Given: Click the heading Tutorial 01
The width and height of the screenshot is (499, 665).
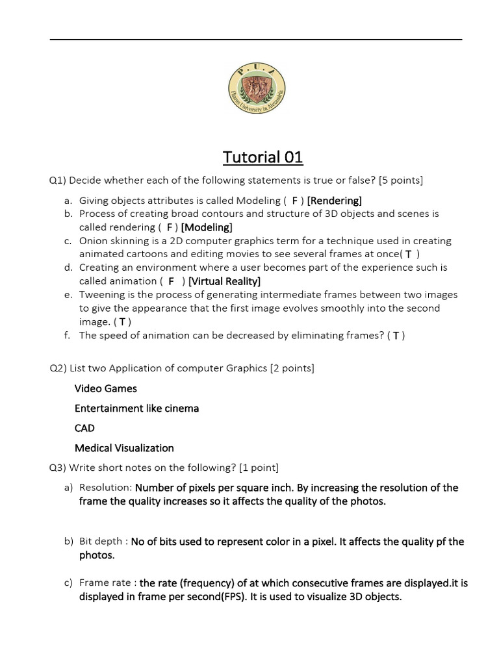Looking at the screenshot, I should tap(262, 157).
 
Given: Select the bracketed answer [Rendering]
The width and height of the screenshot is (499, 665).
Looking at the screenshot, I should tap(335, 201).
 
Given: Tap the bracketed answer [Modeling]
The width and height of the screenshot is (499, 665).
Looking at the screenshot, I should tap(207, 227).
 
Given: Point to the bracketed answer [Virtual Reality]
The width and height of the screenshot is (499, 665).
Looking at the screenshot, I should tap(224, 281).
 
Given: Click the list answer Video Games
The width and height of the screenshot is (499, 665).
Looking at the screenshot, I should tap(106, 388).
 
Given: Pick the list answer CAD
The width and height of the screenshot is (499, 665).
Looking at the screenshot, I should tap(84, 428).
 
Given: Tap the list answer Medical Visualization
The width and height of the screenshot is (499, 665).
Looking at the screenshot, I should tap(124, 448).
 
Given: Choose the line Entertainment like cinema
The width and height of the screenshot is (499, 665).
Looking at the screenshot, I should tap(136, 408).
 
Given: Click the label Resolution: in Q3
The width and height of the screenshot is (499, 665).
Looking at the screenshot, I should tap(105, 488).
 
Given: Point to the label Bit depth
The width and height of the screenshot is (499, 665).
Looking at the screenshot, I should tap(101, 542).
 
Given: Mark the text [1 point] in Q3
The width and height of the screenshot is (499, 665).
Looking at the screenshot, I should tap(259, 468).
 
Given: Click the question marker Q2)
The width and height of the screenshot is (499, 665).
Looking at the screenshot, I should tap(58, 369).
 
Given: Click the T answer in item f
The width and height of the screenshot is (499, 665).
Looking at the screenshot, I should tap(396, 336).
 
